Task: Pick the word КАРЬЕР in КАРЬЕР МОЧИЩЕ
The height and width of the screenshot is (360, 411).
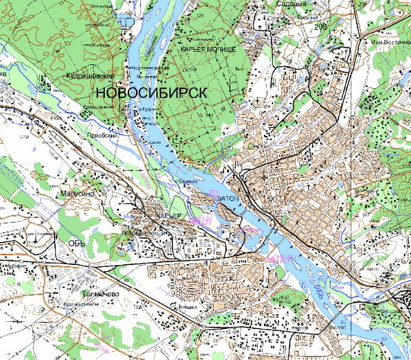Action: (195, 49)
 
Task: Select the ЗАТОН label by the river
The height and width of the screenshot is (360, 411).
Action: (228, 196)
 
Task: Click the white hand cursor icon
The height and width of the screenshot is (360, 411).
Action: (238, 165)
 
